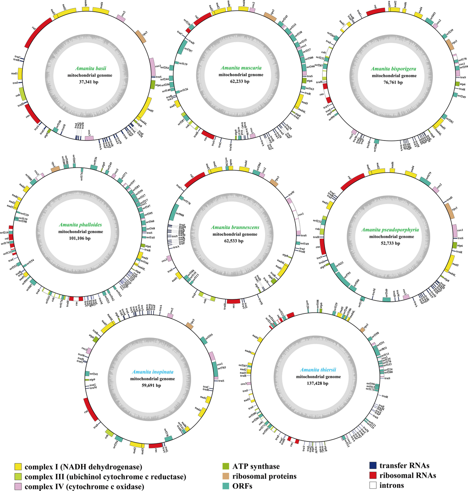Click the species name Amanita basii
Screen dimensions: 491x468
pos(91,68)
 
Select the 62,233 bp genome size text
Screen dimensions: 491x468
pos(241,82)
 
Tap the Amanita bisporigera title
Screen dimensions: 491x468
pos(394,69)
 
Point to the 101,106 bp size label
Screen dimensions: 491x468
pos(81,238)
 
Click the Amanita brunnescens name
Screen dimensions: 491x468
pos(235,227)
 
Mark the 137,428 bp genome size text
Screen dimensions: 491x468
pos(318,384)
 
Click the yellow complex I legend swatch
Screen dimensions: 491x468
pos(18,466)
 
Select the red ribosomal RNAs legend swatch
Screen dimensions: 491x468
pos(373,475)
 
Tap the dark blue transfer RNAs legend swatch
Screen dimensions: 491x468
pos(373,466)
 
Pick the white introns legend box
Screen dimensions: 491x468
pos(373,486)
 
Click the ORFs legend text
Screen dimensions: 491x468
pos(242,486)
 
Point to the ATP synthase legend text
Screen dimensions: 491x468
pos(256,466)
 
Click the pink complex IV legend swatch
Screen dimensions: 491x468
pos(18,486)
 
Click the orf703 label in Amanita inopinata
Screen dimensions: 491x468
pos(222,368)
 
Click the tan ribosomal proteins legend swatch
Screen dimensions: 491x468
pos(225,476)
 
